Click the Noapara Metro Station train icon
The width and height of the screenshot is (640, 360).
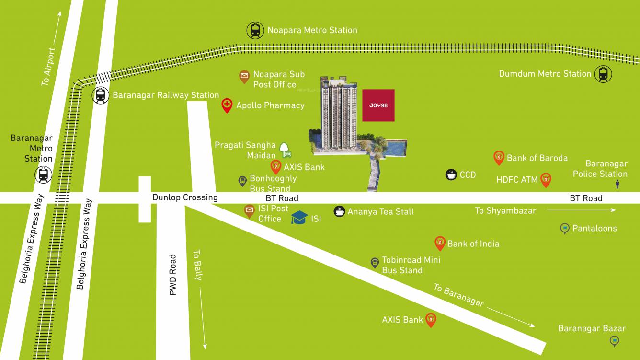tap(255, 31)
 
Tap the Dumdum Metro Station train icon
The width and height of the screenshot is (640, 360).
tap(603, 74)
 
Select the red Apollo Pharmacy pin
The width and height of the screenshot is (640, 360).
tap(227, 105)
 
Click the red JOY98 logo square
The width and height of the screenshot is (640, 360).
tap(378, 105)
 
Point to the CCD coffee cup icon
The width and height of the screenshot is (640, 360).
tap(451, 174)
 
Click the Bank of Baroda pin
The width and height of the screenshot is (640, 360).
tap(499, 158)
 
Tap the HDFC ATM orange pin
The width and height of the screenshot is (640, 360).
tap(545, 180)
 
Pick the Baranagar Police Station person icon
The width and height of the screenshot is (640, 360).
tap(617, 184)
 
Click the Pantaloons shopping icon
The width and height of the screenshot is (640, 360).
tap(565, 228)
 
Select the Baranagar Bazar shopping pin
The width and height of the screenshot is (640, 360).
tap(614, 341)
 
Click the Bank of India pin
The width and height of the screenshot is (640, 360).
tap(440, 244)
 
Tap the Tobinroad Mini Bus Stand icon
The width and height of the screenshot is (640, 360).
tap(375, 263)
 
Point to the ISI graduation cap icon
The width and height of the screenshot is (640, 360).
tap(299, 218)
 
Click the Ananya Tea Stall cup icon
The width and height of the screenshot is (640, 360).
tap(339, 211)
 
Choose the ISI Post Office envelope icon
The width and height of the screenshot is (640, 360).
tap(249, 210)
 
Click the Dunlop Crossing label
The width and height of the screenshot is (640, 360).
tap(185, 197)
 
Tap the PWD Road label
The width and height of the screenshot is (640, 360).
tap(173, 275)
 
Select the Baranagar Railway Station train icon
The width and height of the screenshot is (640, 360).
tap(100, 95)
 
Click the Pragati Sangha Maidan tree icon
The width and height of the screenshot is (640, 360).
tap(285, 149)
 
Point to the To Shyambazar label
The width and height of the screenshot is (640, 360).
tap(505, 210)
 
